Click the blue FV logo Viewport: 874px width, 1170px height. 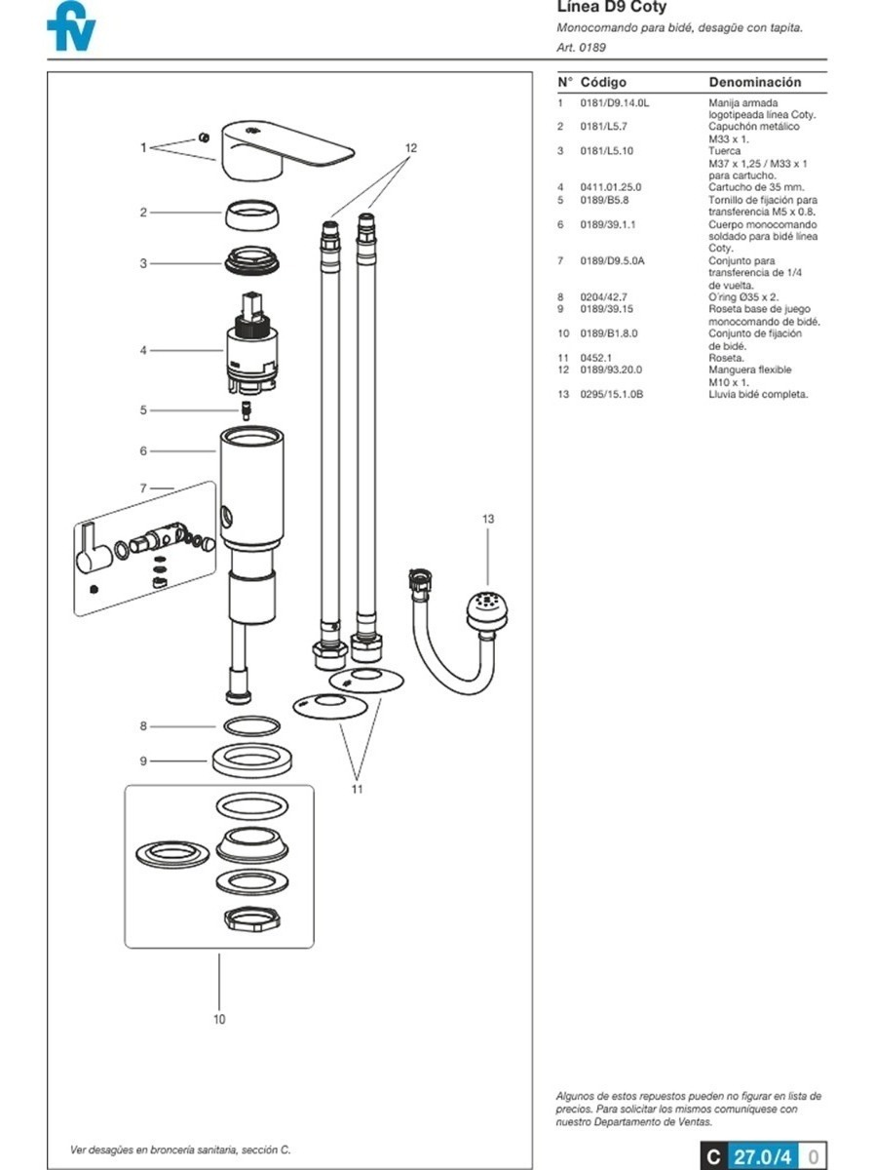(71, 26)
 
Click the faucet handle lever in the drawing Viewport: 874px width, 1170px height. (287, 150)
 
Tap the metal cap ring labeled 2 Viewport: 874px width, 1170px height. (251, 214)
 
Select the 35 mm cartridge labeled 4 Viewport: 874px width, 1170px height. (252, 344)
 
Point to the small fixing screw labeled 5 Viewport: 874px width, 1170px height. (247, 410)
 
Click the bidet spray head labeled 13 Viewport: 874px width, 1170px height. (487, 612)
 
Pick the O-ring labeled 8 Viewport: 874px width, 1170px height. (252, 726)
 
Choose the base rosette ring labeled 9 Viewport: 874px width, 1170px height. (252, 760)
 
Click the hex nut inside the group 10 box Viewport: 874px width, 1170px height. (252, 919)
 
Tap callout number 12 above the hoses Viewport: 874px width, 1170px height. (410, 147)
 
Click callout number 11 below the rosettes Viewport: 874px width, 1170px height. (357, 789)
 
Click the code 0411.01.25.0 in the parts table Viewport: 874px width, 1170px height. (610, 187)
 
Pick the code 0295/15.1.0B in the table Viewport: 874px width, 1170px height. (612, 395)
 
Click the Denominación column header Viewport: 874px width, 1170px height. (755, 82)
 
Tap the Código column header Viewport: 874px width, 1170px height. (603, 82)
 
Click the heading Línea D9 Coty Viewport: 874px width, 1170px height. (612, 7)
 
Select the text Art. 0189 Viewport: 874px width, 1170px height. (581, 48)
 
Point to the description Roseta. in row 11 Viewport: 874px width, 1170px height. (726, 358)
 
